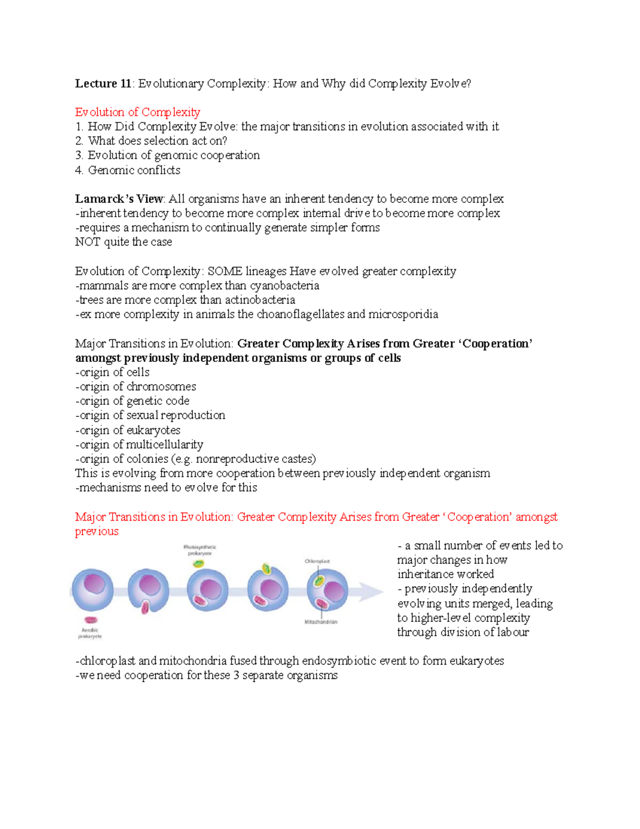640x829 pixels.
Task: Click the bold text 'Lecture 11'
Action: pyautogui.click(x=103, y=83)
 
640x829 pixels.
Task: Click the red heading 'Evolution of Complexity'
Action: pyautogui.click(x=138, y=112)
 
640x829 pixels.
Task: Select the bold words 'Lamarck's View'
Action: pyautogui.click(x=119, y=199)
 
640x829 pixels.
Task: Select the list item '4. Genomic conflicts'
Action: pyautogui.click(x=127, y=170)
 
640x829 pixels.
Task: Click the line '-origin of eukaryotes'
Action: pyautogui.click(x=127, y=430)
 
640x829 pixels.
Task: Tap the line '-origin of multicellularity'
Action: pyautogui.click(x=139, y=445)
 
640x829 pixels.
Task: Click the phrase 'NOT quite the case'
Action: pyautogui.click(x=123, y=242)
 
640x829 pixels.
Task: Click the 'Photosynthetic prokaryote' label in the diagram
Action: pyautogui.click(x=199, y=550)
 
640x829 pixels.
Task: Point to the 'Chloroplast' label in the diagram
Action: pyautogui.click(x=317, y=561)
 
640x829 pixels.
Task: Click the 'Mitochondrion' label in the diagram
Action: pyautogui.click(x=321, y=622)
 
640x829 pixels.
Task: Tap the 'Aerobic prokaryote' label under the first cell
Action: pyautogui.click(x=90, y=633)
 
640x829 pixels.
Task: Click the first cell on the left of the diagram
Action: pyautogui.click(x=93, y=589)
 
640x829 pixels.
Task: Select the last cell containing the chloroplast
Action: pyautogui.click(x=327, y=589)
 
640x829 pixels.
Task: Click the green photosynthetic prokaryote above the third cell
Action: pyautogui.click(x=199, y=563)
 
